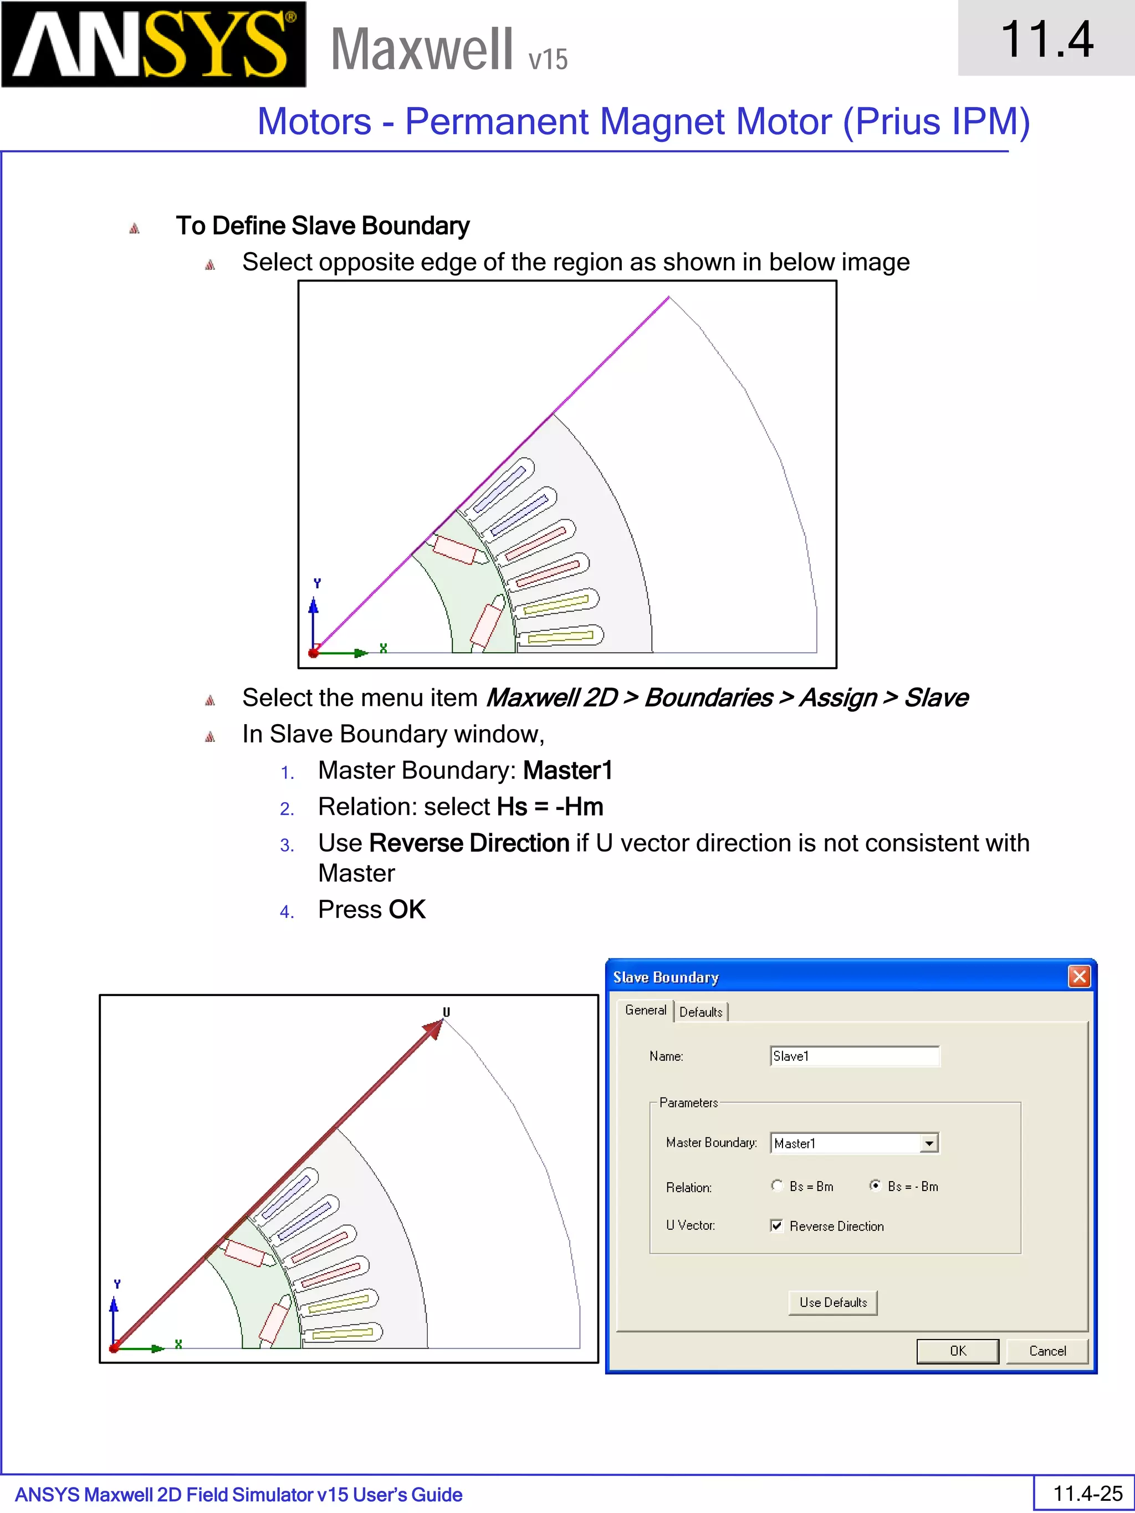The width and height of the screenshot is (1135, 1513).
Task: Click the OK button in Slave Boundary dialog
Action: click(x=957, y=1351)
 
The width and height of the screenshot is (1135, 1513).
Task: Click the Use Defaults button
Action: click(x=832, y=1302)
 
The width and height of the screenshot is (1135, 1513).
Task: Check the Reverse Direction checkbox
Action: click(x=776, y=1225)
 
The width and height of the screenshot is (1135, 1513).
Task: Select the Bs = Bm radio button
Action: click(x=777, y=1186)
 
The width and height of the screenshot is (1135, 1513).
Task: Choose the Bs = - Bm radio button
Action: click(x=875, y=1186)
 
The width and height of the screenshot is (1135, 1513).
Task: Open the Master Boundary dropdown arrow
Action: click(x=929, y=1143)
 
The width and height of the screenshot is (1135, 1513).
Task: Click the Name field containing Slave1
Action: click(x=854, y=1056)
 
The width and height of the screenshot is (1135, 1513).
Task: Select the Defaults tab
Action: click(x=701, y=1012)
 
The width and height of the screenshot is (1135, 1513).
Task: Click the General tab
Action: click(x=645, y=1011)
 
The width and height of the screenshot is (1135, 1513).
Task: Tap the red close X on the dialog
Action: click(x=1079, y=977)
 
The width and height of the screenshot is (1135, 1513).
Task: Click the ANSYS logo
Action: click(x=154, y=44)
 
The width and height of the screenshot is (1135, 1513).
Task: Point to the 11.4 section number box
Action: click(x=1046, y=38)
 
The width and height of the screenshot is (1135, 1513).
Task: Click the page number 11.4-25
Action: click(x=1087, y=1493)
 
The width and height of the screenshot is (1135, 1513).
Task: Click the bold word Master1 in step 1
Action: click(x=567, y=771)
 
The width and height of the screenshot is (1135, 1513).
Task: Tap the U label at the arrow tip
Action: click(x=446, y=1012)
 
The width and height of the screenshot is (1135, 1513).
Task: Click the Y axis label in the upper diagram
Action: click(x=317, y=583)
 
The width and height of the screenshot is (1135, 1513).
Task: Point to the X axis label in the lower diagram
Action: click(x=178, y=1344)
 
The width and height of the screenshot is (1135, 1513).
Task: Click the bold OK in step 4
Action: click(x=407, y=910)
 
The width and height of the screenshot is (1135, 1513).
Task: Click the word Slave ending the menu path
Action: click(x=935, y=697)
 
